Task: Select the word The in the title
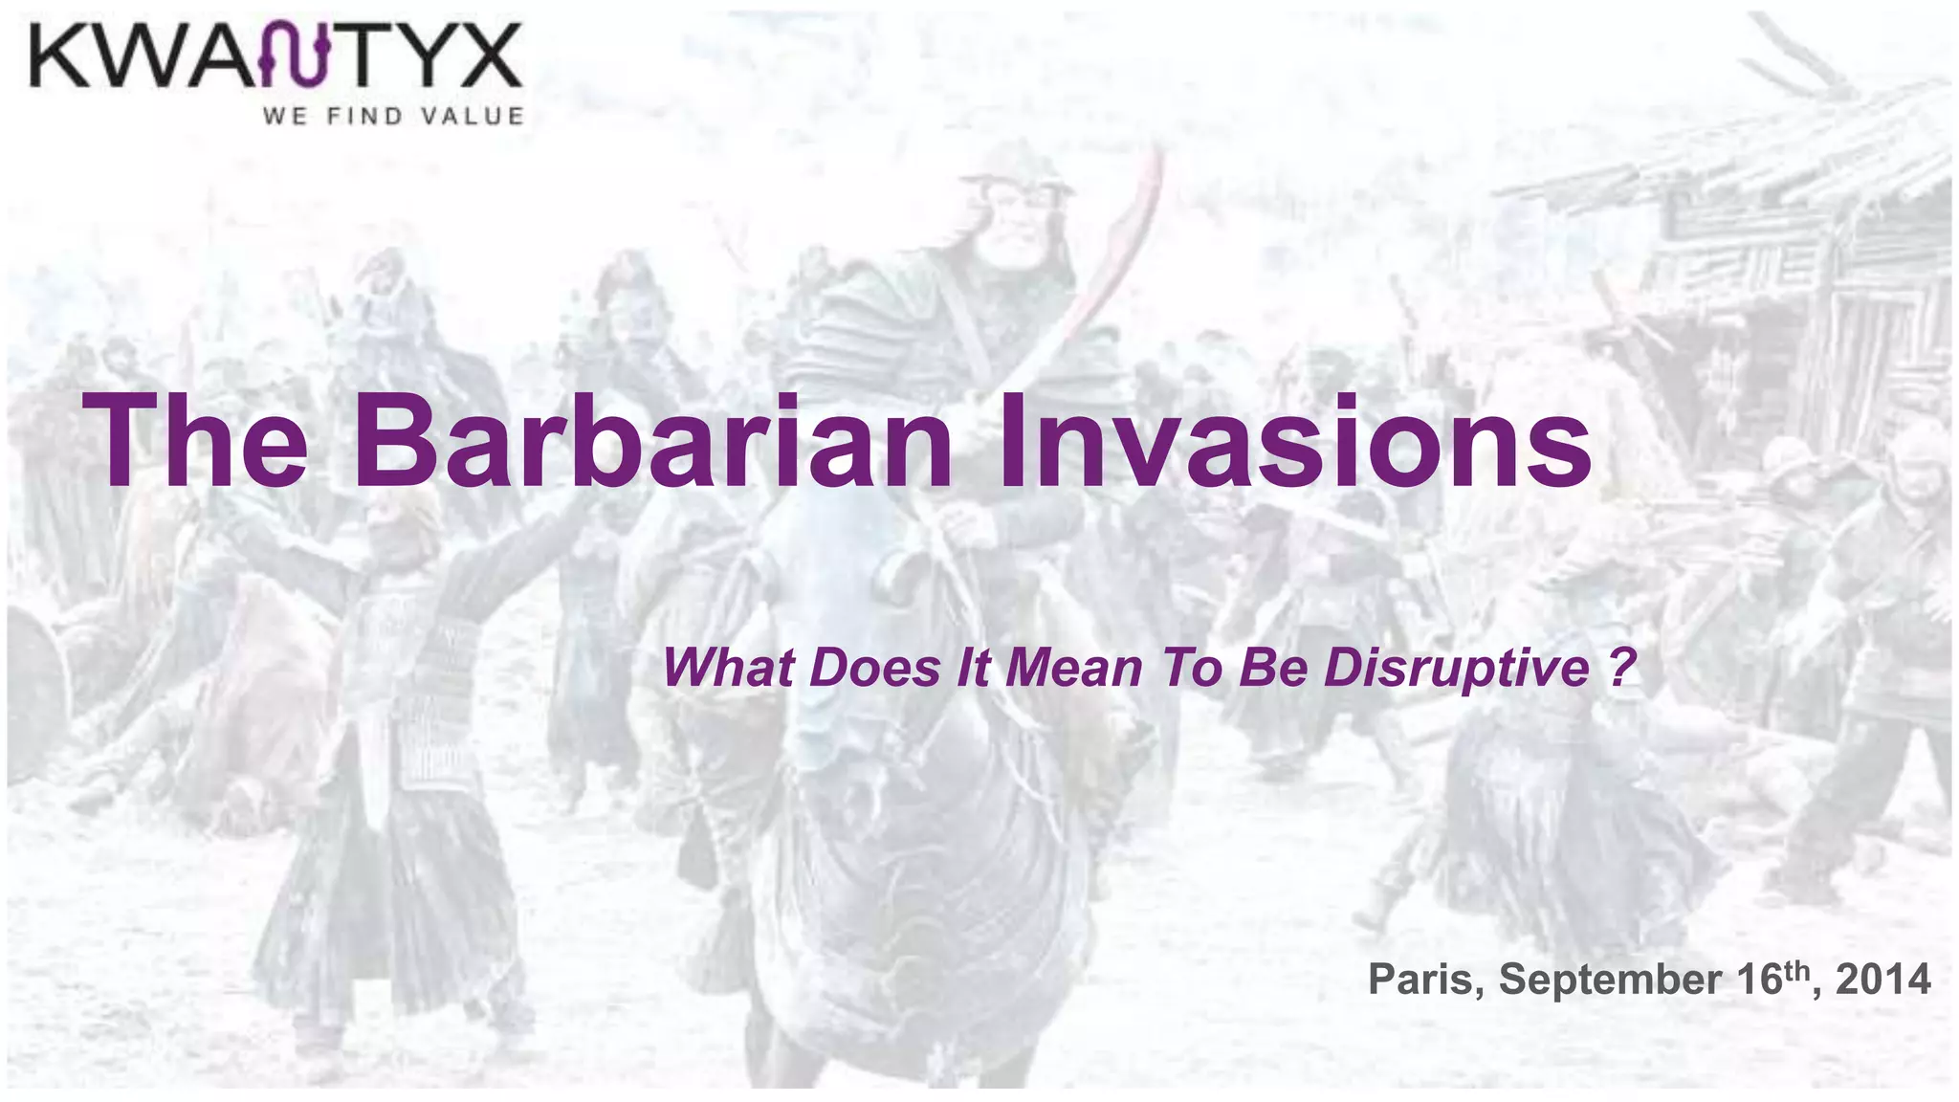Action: coord(196,442)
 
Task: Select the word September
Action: coord(1611,980)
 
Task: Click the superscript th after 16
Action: coord(1795,968)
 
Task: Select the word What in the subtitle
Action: coord(728,667)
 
